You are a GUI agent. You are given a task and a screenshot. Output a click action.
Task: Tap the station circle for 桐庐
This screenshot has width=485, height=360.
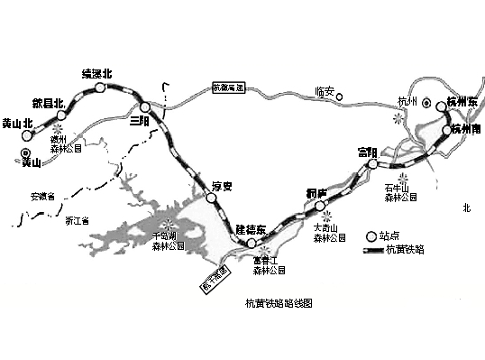tap(320, 207)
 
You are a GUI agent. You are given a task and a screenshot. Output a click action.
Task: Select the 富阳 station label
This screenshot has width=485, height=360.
tap(366, 151)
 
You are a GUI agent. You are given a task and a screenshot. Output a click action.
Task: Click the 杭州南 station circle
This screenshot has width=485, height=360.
tap(445, 132)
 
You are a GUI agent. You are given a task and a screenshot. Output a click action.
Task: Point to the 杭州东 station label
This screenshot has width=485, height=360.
tap(462, 103)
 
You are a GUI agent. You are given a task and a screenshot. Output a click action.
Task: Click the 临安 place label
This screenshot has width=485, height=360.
tap(326, 90)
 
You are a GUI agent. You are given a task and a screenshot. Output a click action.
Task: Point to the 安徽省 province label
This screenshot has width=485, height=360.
tap(41, 196)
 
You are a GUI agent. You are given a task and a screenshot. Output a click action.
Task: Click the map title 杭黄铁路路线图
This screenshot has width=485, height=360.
tap(279, 307)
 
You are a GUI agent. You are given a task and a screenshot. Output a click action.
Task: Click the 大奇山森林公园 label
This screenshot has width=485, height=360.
tap(327, 233)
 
